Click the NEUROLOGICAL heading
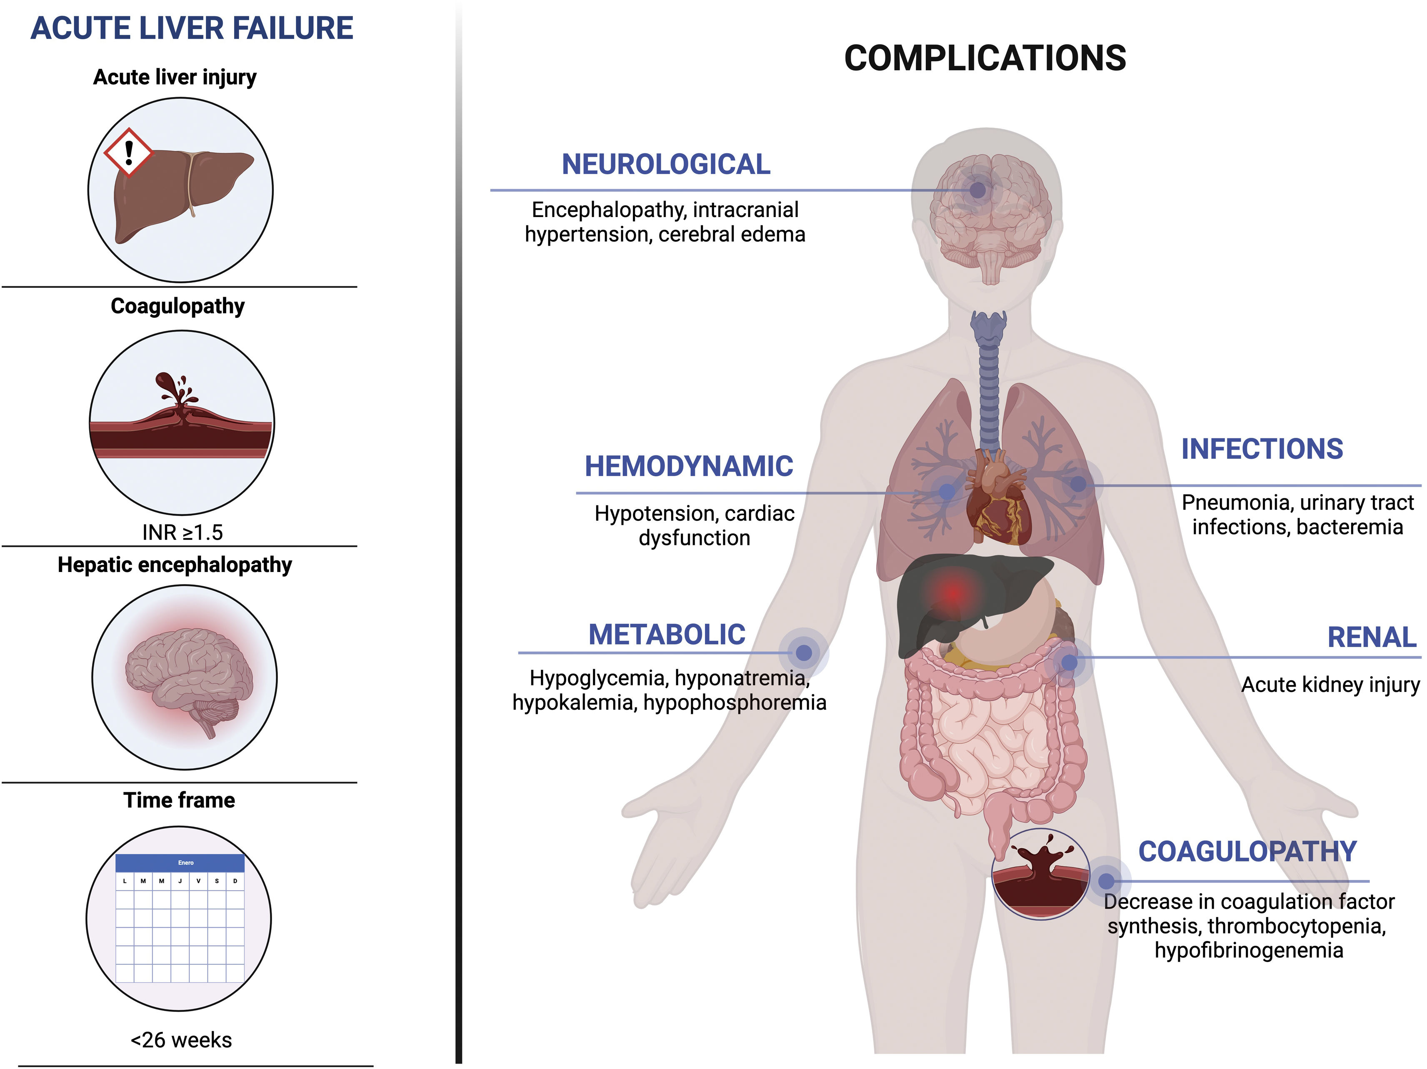[x=666, y=165]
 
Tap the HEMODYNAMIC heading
[x=688, y=467]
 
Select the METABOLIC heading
[x=666, y=635]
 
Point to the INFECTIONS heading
[x=1262, y=449]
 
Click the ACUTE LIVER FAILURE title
[x=192, y=28]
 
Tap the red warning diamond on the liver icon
[x=129, y=152]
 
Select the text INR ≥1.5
[x=182, y=532]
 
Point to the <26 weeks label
[x=181, y=1040]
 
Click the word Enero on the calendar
[x=186, y=862]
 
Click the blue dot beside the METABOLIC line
[x=803, y=653]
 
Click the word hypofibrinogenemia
[x=1248, y=950]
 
